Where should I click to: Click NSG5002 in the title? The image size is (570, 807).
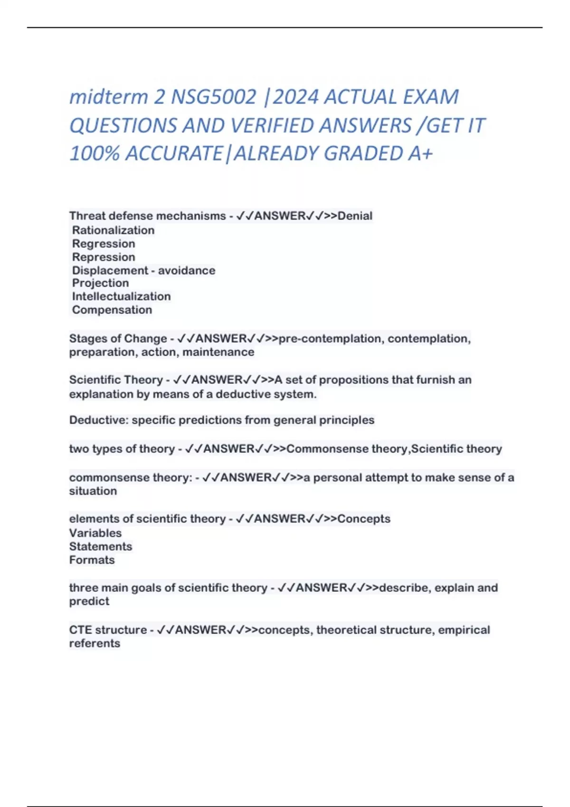(214, 97)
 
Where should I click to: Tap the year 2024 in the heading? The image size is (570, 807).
(295, 97)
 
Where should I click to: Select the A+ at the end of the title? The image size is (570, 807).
(420, 153)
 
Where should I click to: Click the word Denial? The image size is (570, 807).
(355, 216)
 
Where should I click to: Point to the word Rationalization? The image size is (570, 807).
(113, 230)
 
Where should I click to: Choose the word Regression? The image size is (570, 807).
(104, 244)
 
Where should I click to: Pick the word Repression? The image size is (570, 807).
(104, 257)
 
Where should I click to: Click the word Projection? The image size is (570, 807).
(100, 283)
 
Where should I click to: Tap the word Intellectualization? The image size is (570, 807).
(121, 296)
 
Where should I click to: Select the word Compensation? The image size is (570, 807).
(112, 310)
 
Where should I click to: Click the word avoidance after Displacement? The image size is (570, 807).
(187, 271)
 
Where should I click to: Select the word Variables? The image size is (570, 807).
(95, 533)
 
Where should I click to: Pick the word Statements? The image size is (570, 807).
(101, 546)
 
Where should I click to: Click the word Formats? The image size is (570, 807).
(92, 560)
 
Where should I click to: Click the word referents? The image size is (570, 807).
(95, 643)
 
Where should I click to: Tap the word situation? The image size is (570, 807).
(93, 491)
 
